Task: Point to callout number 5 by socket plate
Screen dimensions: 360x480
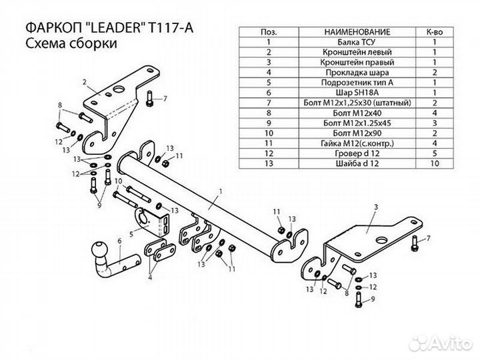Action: [131, 232]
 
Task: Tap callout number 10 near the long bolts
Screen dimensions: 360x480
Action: [117, 181]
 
